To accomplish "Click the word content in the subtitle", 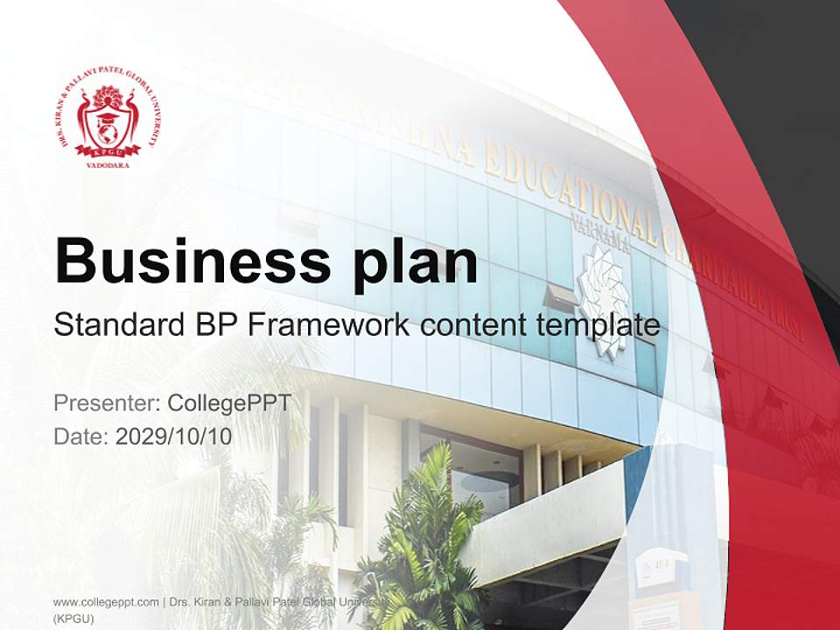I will coord(478,325).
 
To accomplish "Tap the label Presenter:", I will coord(107,403).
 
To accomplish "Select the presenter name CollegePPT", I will coord(228,403).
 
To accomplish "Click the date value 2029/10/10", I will coord(174,437).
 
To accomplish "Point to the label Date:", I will coord(81,437).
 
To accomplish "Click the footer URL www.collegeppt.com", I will coord(104,602).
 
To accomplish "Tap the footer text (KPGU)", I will coord(73,618).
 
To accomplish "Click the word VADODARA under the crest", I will coord(108,164).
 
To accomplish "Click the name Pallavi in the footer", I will coord(258,602).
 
